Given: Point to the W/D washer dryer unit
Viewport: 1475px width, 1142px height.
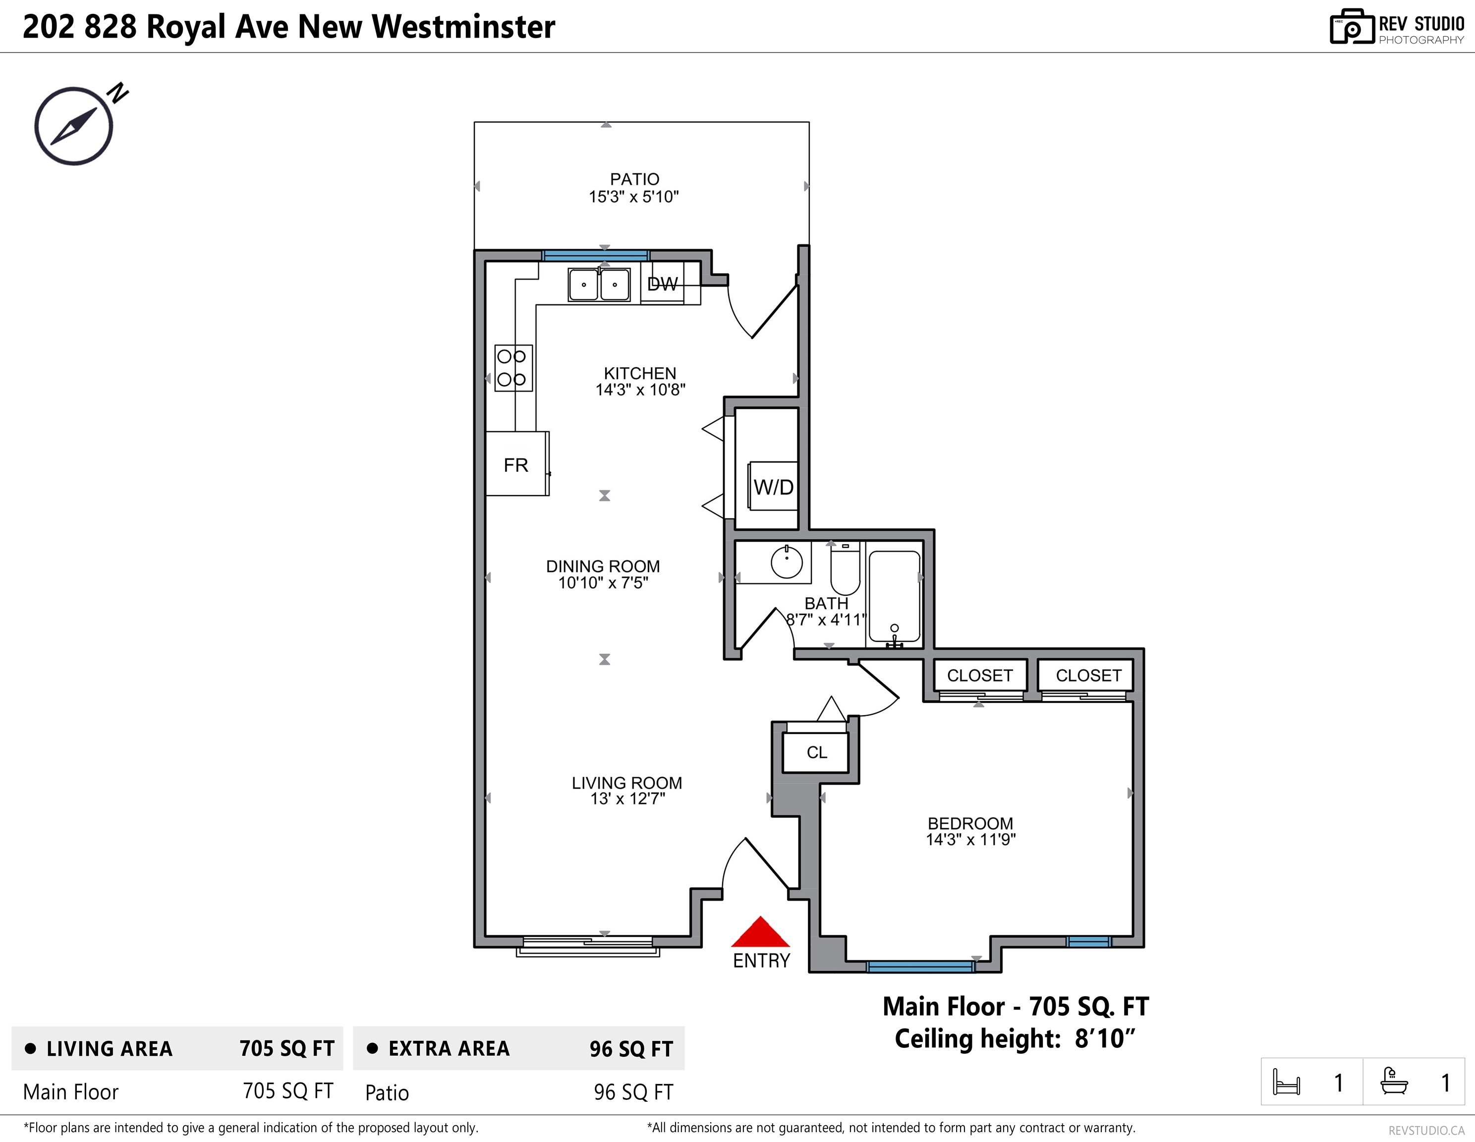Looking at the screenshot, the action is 773,486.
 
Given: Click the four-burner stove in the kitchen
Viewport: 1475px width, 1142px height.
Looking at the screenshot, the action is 513,368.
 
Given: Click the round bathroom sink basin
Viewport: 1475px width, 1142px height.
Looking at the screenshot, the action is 787,562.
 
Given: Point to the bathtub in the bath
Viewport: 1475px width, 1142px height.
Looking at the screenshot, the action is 894,596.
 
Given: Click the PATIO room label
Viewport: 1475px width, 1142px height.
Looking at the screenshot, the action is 634,179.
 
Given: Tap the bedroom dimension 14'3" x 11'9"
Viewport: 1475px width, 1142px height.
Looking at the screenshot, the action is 970,840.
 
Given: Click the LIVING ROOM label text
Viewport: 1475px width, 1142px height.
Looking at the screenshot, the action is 627,783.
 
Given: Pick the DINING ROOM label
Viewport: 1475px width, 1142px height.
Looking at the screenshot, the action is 603,567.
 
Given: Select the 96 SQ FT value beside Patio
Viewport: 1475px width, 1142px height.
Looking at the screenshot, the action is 633,1092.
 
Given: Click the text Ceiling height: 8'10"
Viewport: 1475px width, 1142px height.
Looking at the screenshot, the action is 1015,1039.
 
